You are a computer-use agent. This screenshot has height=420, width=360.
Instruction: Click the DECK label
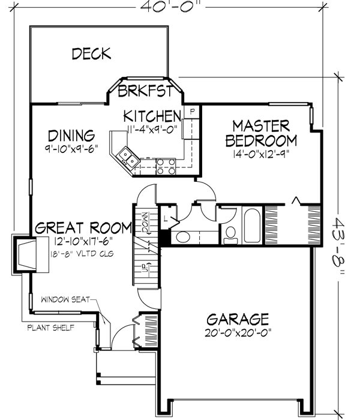pos(91,54)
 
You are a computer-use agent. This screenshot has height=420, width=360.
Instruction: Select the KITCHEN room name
pos(152,115)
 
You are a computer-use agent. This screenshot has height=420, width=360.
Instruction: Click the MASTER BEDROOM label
pos(260,133)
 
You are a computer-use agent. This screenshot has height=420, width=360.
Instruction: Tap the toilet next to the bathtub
pos(230,235)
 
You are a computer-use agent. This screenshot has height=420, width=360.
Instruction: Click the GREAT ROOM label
pos(83,228)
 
